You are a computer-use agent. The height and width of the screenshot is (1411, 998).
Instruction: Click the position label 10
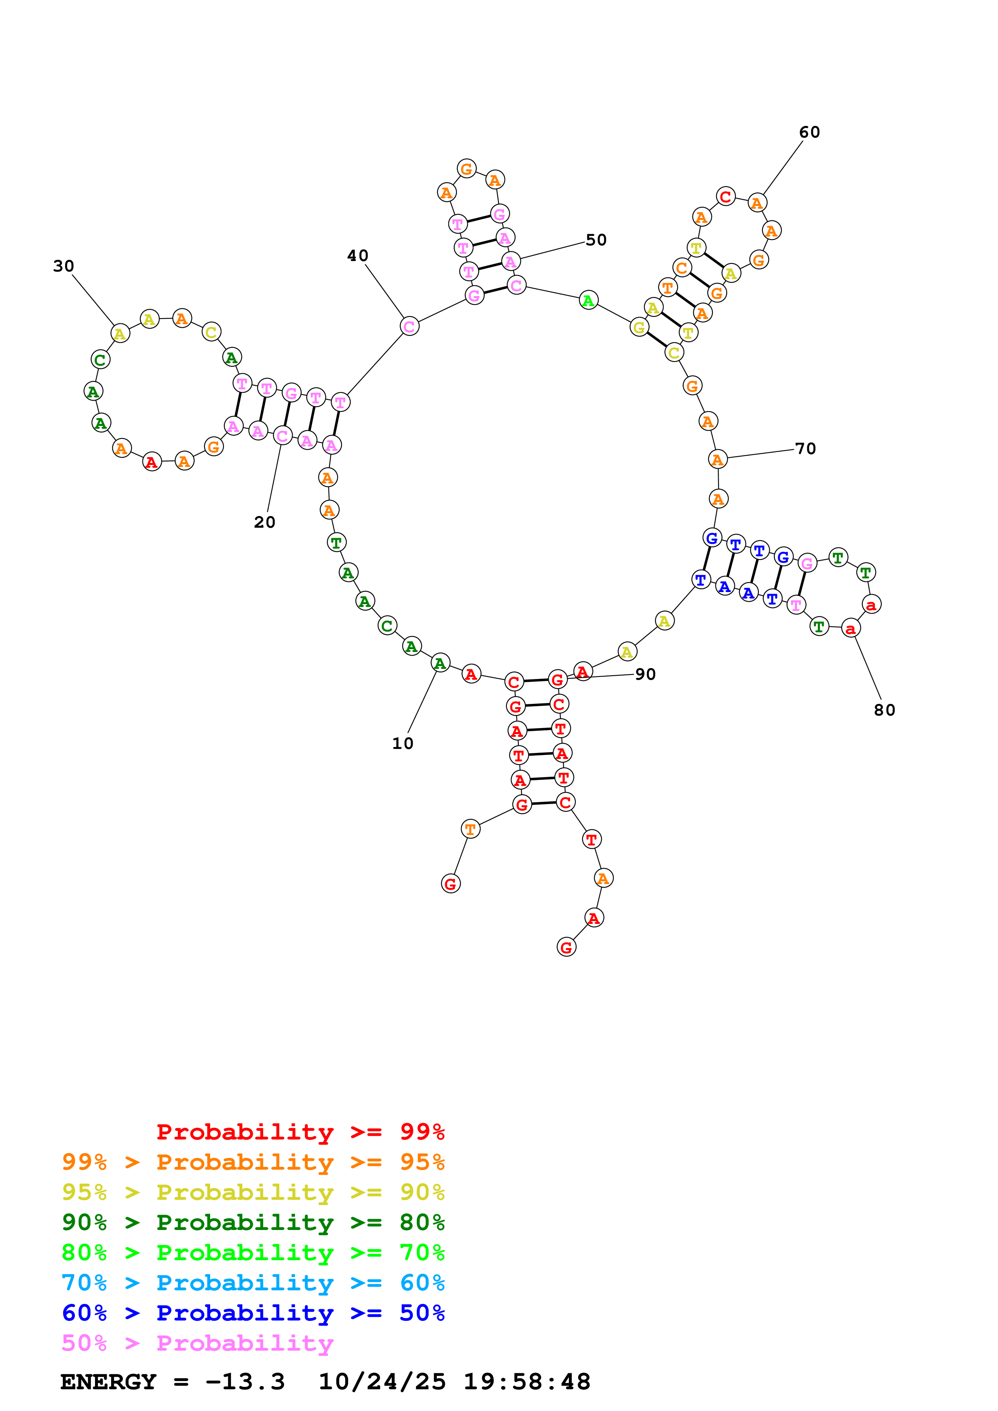click(403, 744)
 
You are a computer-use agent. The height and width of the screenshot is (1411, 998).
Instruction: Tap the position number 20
click(264, 522)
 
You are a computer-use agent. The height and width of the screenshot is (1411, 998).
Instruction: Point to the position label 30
click(63, 266)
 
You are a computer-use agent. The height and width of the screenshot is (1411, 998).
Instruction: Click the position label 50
click(596, 240)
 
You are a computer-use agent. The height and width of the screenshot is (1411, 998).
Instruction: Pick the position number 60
click(809, 132)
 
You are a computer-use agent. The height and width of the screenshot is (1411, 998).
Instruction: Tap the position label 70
click(805, 448)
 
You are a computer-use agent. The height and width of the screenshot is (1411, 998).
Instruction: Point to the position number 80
click(884, 710)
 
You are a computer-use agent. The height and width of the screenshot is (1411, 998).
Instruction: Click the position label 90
click(645, 674)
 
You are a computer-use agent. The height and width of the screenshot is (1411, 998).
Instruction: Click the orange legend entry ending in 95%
click(253, 1162)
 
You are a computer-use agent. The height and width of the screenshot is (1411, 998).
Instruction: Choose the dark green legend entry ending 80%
click(253, 1222)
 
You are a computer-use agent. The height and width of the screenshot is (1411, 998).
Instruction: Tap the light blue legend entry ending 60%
click(253, 1283)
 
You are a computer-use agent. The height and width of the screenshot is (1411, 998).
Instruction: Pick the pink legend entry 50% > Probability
click(197, 1343)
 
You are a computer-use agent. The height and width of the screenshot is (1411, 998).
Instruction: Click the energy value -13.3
click(245, 1382)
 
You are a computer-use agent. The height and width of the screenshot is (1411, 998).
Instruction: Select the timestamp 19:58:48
click(526, 1382)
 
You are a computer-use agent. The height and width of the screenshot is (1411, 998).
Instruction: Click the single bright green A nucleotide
click(589, 300)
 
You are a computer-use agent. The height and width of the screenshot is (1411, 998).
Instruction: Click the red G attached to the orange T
click(451, 884)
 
